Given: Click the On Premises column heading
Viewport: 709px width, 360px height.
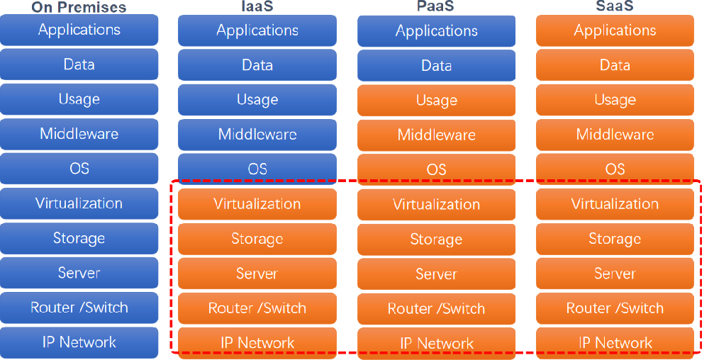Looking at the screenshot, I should coord(79,8).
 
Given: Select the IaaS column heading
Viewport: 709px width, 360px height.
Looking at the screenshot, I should coord(257,6).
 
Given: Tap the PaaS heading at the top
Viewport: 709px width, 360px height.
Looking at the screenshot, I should coord(436,6).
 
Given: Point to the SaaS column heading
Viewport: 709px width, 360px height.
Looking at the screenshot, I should coord(615,6).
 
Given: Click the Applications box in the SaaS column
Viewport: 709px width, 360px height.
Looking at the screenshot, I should coord(615,30).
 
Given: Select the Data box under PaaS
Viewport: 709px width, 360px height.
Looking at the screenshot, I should coord(436,65).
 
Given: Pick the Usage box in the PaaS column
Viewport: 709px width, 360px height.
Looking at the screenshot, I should coord(436,101).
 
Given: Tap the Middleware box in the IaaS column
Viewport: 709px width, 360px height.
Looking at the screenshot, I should coord(257,135).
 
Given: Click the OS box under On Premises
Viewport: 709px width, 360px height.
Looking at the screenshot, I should coord(79,169).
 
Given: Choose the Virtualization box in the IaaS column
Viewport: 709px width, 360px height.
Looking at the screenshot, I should coord(257,204).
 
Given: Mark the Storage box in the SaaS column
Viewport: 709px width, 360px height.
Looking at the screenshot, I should coord(615,239).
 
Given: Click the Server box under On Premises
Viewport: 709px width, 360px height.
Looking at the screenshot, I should coord(79,274).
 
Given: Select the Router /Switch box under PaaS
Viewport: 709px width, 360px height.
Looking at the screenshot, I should coord(436,309).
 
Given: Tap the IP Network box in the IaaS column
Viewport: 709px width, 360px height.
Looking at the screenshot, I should coord(257,343).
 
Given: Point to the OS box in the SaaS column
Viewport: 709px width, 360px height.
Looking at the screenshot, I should coord(615,169).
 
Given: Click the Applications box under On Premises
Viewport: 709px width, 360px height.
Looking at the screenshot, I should coord(79,30).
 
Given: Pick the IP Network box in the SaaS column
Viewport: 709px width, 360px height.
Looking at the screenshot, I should coord(615,343).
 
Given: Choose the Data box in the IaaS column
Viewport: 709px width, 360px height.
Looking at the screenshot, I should coord(257,65).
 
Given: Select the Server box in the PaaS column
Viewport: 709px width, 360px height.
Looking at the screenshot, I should coord(436,274).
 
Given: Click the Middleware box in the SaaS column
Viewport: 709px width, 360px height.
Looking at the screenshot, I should coord(615,135).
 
